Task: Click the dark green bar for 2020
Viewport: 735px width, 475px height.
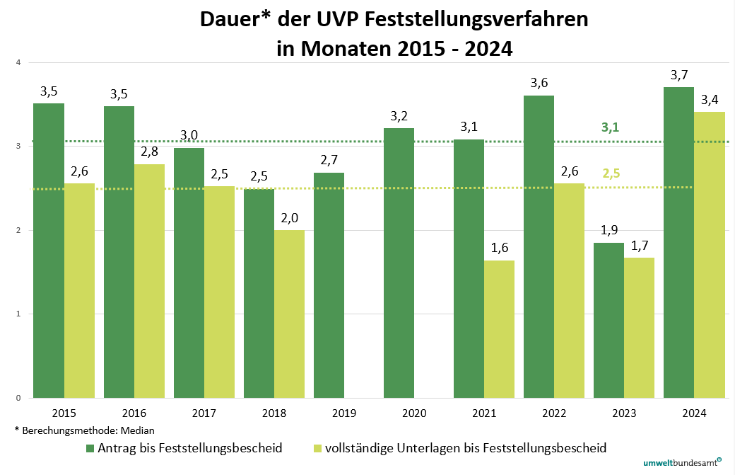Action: [x=399, y=263]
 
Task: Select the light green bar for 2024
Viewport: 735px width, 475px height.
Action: [x=710, y=255]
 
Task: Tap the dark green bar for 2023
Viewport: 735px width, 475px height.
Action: [x=608, y=320]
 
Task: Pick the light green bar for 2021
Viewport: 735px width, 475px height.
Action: [x=499, y=329]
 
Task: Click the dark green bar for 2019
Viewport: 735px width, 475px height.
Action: [x=329, y=285]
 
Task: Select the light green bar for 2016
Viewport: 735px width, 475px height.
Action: [x=149, y=281]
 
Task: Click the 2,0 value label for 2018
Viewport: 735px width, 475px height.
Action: [x=290, y=218]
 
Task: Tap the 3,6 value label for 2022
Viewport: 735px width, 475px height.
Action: [x=539, y=83]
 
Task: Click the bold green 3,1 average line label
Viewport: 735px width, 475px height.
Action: [x=610, y=127]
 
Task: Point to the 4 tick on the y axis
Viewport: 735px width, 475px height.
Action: [x=18, y=63]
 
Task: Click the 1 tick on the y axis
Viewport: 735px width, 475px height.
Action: [x=18, y=314]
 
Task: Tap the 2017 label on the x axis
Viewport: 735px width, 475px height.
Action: [x=204, y=413]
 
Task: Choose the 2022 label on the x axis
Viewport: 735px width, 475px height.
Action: [x=554, y=413]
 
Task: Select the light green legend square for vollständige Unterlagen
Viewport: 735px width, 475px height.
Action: [x=317, y=448]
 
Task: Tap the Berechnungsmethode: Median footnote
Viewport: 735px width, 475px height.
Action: [x=84, y=430]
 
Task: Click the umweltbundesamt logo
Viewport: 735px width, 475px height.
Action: [x=682, y=463]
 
